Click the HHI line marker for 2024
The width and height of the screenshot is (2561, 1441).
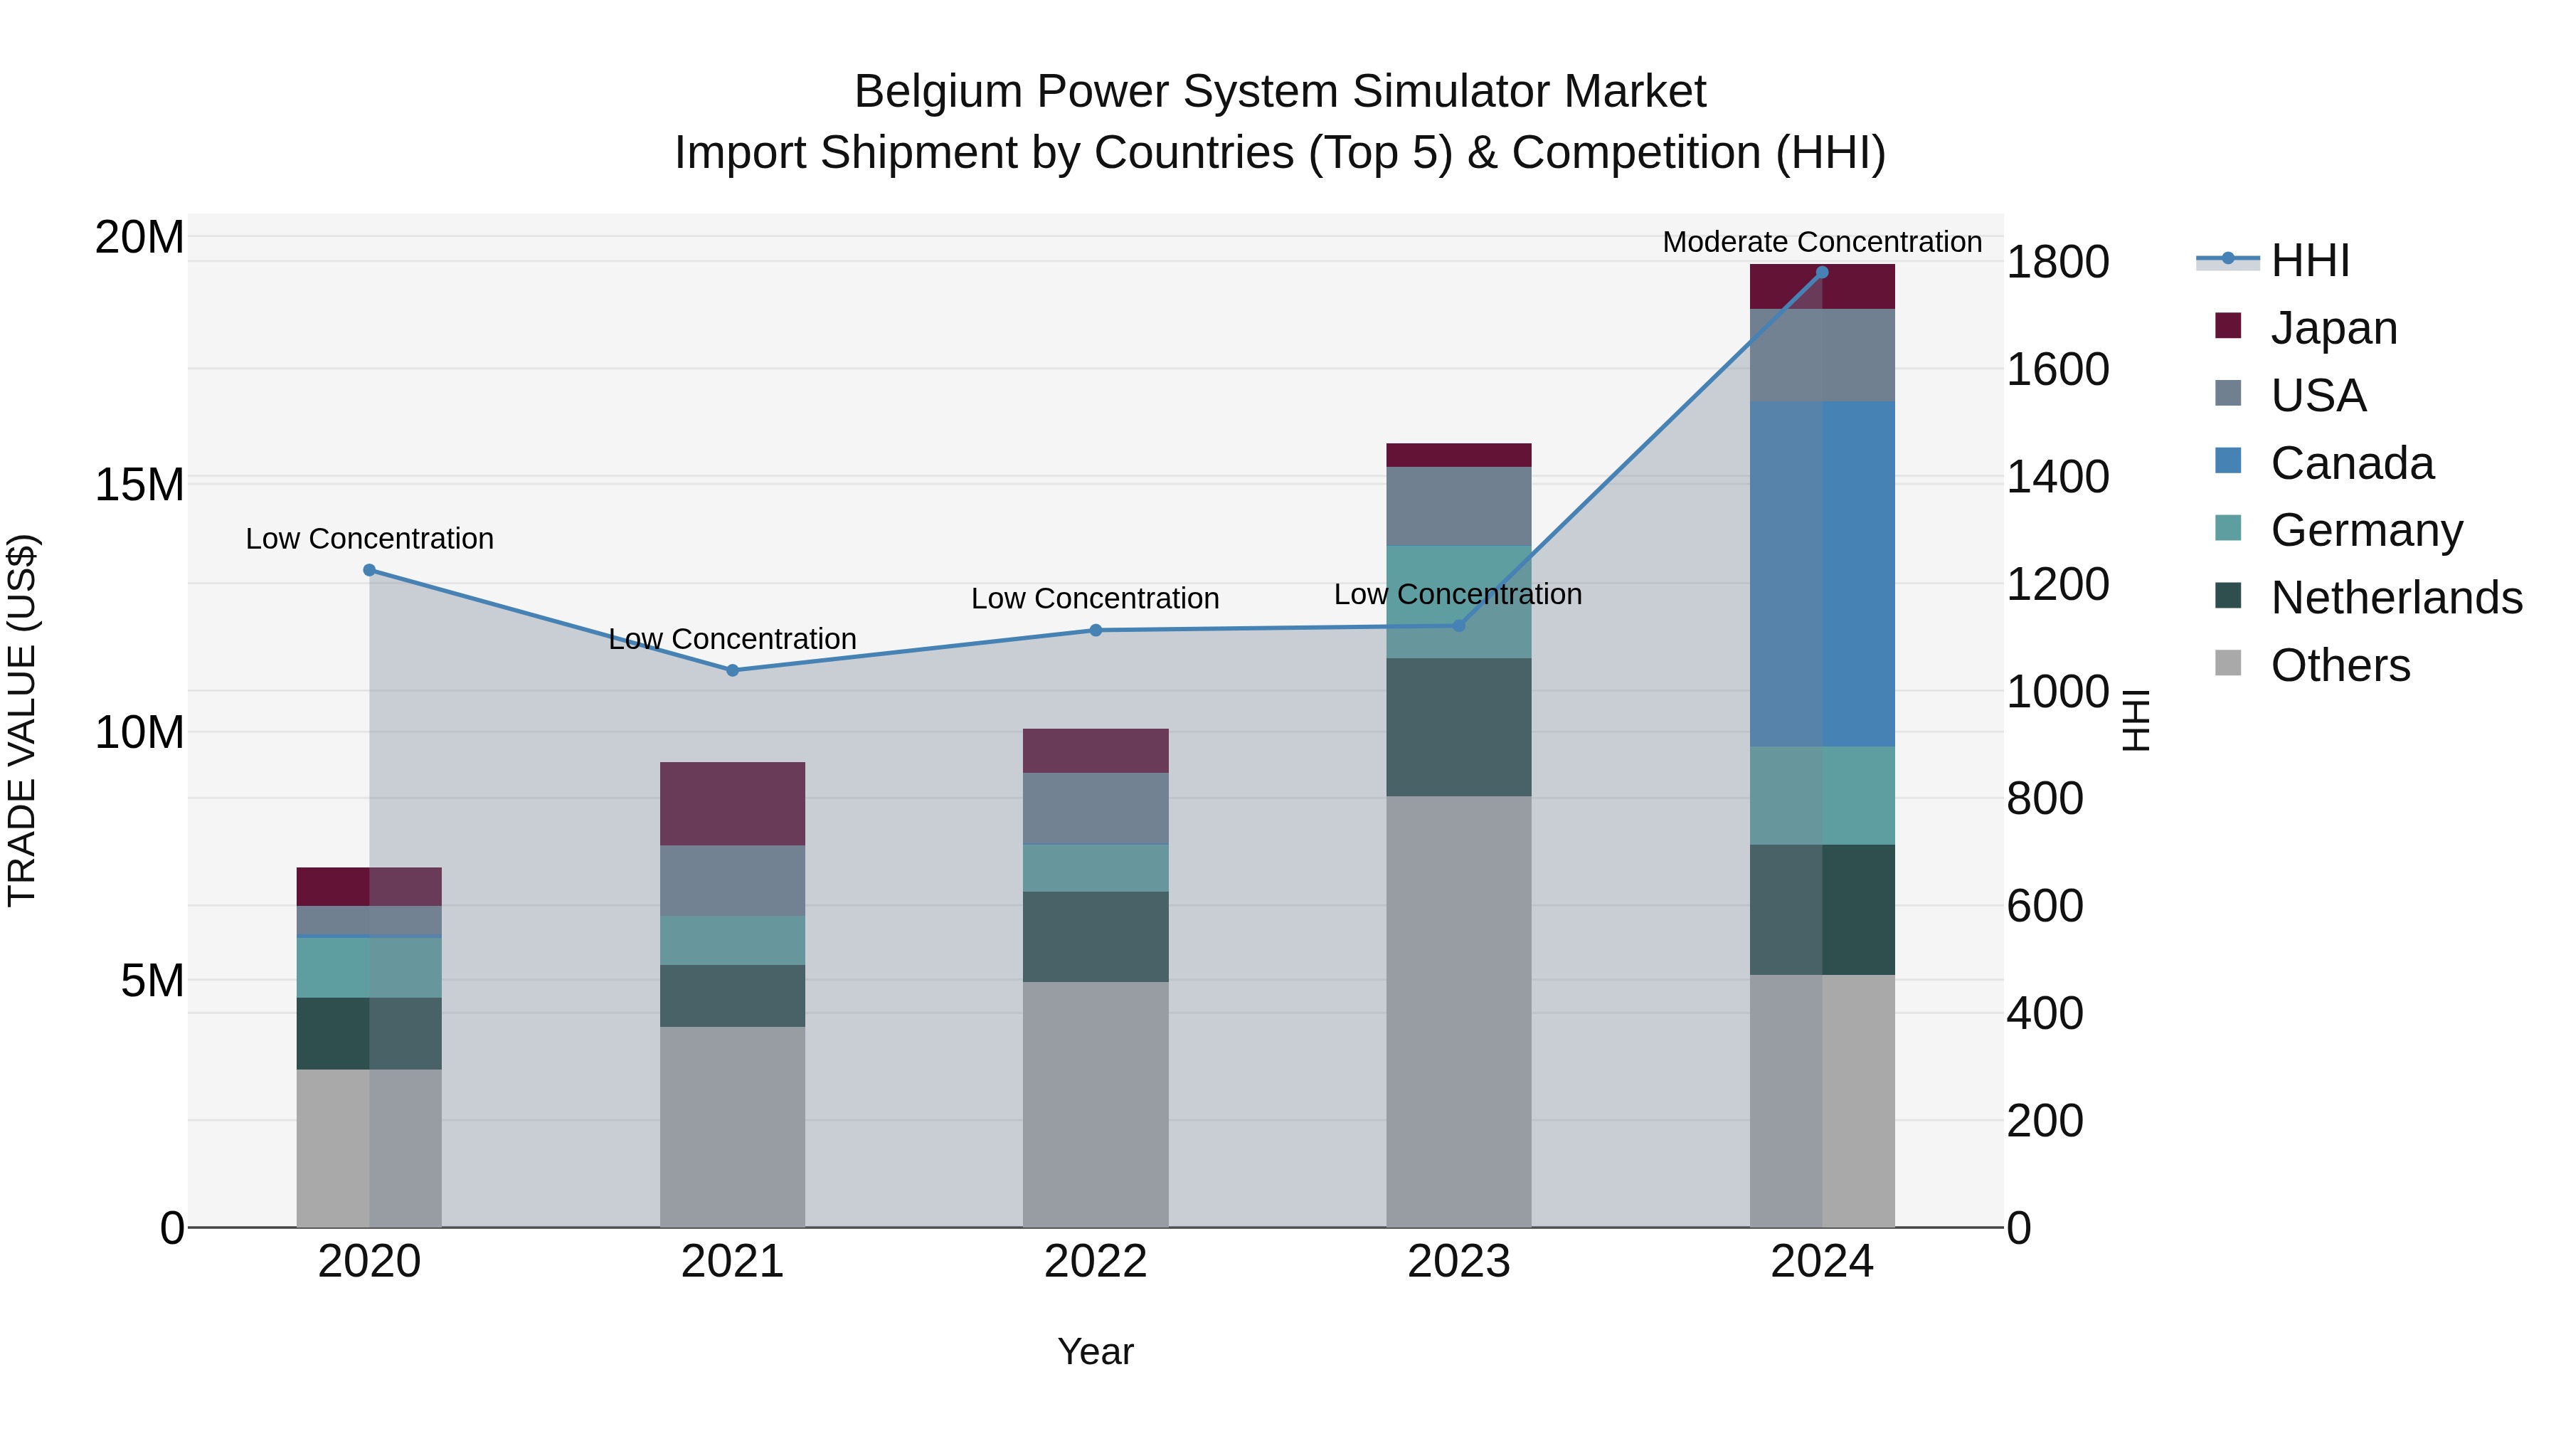(1821, 273)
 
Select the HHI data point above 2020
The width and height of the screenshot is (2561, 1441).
(368, 570)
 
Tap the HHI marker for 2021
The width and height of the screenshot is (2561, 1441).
(733, 670)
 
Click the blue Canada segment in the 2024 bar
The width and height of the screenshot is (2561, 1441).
(1821, 574)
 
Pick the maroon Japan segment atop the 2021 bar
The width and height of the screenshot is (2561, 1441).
(733, 803)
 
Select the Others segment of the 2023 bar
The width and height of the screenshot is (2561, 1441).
(1458, 1010)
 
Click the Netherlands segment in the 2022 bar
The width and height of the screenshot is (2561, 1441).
(1096, 936)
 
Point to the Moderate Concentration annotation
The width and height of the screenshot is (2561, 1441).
(1821, 242)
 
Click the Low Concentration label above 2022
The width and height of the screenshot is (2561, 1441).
(1095, 598)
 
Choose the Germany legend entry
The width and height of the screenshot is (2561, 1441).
(2366, 530)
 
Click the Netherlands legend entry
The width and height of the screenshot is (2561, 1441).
(2396, 598)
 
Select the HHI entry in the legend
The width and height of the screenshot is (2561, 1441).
(2308, 260)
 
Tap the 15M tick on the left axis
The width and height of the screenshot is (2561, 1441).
(139, 485)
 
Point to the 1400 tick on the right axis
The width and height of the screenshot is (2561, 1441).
(2057, 477)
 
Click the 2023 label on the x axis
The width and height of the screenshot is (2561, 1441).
(1458, 1262)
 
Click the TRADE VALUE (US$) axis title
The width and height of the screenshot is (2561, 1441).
(22, 720)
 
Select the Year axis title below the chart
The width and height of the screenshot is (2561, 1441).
(1095, 1351)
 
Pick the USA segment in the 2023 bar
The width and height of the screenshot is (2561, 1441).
(1458, 506)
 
